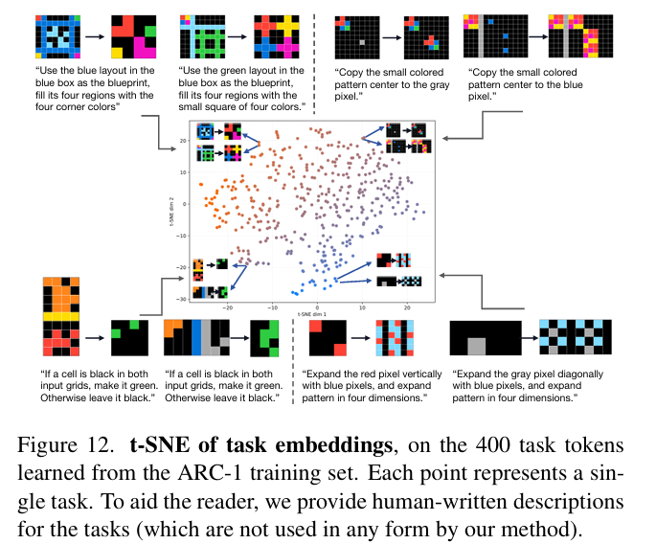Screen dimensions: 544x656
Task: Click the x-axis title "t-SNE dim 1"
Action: [315, 313]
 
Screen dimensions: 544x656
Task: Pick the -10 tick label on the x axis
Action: [272, 306]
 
